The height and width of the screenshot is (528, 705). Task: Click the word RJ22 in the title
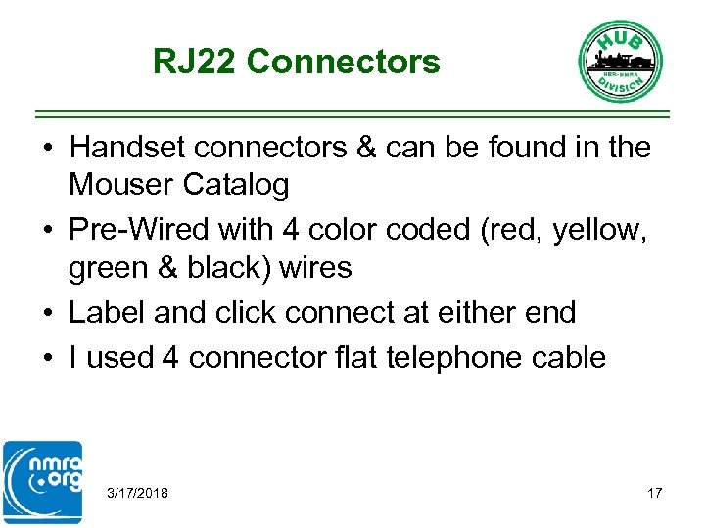tap(195, 63)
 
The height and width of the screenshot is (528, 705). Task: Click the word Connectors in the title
tap(344, 63)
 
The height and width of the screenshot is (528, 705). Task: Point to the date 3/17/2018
tap(137, 493)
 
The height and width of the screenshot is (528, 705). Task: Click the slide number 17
tap(654, 493)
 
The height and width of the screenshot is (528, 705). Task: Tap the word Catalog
tap(236, 184)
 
